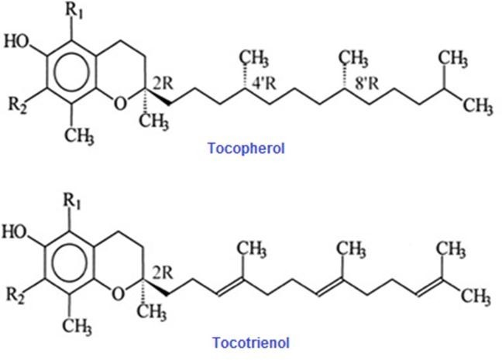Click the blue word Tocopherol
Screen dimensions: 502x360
[x=246, y=149]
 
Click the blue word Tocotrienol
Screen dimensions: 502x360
[x=251, y=342]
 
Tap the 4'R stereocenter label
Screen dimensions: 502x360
[x=264, y=84]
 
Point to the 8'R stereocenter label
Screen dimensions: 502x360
[x=367, y=84]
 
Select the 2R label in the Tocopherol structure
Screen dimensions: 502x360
[x=163, y=83]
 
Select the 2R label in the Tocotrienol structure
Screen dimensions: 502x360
[x=163, y=273]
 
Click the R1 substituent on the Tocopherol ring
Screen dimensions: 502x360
[x=74, y=12]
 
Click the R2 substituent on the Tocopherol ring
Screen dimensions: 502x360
[x=17, y=105]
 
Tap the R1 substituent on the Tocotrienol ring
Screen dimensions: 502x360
[x=72, y=202]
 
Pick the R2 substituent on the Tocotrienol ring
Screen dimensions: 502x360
[x=15, y=295]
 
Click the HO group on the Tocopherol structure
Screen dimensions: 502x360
[x=16, y=42]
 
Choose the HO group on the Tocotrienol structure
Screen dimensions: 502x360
[x=15, y=231]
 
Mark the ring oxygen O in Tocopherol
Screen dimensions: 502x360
[x=120, y=104]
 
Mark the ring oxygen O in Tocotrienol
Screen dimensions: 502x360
[x=118, y=293]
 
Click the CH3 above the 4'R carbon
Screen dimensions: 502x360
[x=255, y=59]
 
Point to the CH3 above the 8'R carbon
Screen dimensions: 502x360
[x=354, y=59]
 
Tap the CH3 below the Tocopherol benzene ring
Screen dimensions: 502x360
[x=79, y=136]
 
